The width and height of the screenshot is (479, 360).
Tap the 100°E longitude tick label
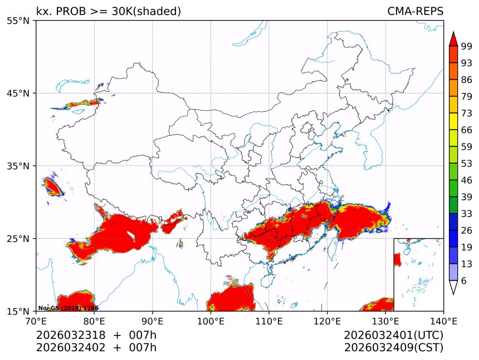click(211, 321)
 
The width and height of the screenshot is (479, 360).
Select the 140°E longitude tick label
click(443, 321)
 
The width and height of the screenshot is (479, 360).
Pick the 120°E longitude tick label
click(327, 321)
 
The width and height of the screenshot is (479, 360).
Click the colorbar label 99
click(467, 46)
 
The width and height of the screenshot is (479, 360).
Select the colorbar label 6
click(464, 280)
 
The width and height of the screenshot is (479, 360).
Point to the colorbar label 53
click(467, 164)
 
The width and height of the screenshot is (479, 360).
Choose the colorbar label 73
click(467, 113)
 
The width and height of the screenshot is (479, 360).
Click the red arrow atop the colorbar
click(453, 40)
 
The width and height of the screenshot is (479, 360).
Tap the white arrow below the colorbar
click(453, 287)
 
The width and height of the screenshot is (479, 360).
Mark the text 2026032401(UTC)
click(393, 335)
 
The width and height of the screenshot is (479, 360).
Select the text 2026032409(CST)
click(393, 348)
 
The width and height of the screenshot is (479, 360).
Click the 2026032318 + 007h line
click(96, 335)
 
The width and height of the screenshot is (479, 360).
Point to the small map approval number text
click(68, 308)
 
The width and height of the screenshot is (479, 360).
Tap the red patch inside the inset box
click(397, 259)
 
